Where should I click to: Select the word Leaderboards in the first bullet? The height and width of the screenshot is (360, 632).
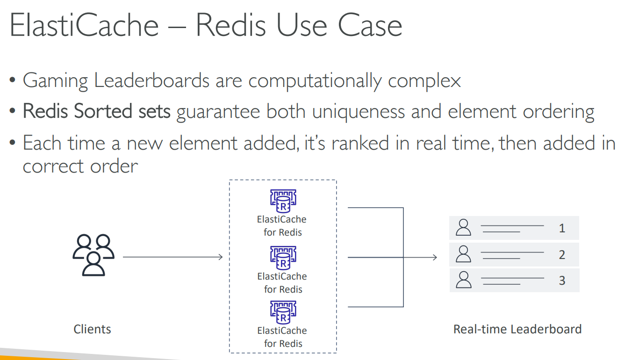(x=151, y=80)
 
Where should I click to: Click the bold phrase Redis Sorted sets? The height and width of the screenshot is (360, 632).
(x=97, y=112)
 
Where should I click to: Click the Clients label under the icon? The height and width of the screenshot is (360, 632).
(x=92, y=329)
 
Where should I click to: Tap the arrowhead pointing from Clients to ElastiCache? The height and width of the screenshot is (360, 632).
(x=221, y=257)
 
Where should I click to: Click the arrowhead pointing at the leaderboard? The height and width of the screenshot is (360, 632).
(x=435, y=257)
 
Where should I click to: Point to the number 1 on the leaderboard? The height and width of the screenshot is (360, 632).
(x=562, y=228)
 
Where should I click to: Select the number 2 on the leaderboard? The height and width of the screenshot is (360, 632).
(x=562, y=255)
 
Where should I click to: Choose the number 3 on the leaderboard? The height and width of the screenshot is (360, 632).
(x=562, y=281)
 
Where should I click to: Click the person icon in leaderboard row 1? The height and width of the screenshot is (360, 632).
(x=463, y=228)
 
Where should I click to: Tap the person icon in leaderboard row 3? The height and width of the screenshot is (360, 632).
(x=463, y=280)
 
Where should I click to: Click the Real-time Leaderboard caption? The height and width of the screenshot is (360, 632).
(x=517, y=329)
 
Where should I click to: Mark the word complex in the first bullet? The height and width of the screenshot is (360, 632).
(x=424, y=80)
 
